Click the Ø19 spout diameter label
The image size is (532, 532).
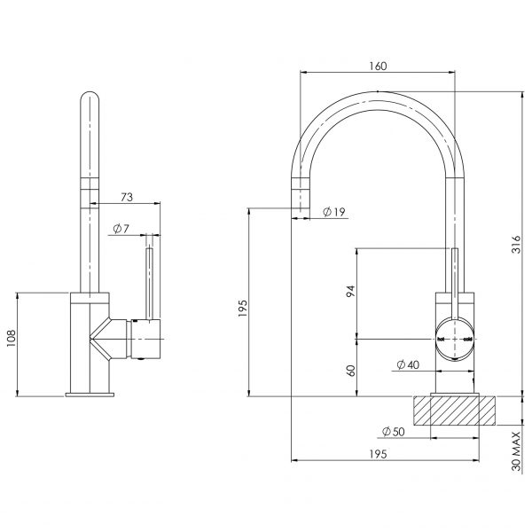[334, 213]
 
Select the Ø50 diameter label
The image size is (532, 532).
[394, 432]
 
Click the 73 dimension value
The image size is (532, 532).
[126, 197]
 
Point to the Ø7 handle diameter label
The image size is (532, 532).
[121, 230]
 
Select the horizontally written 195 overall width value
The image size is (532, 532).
[376, 453]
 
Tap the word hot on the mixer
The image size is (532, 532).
[441, 339]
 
